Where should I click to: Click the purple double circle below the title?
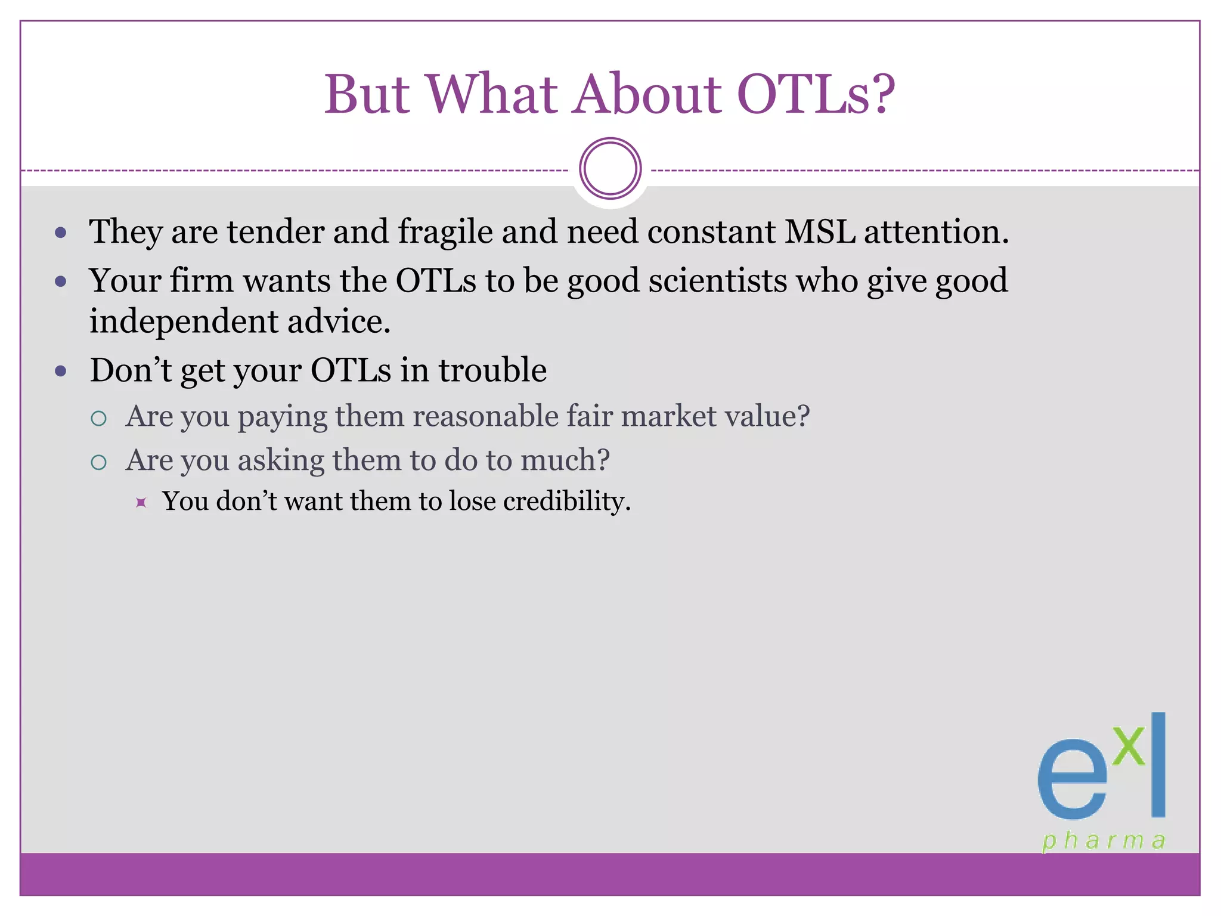pyautogui.click(x=610, y=169)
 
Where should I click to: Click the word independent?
pyautogui.click(x=183, y=322)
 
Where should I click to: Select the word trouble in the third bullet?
pyautogui.click(x=492, y=370)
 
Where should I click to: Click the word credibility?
pyautogui.click(x=566, y=501)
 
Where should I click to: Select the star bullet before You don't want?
pyautogui.click(x=141, y=502)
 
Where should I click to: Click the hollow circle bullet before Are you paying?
pyautogui.click(x=99, y=418)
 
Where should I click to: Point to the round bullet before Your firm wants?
pyautogui.click(x=60, y=281)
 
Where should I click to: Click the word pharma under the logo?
pyautogui.click(x=1103, y=841)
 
